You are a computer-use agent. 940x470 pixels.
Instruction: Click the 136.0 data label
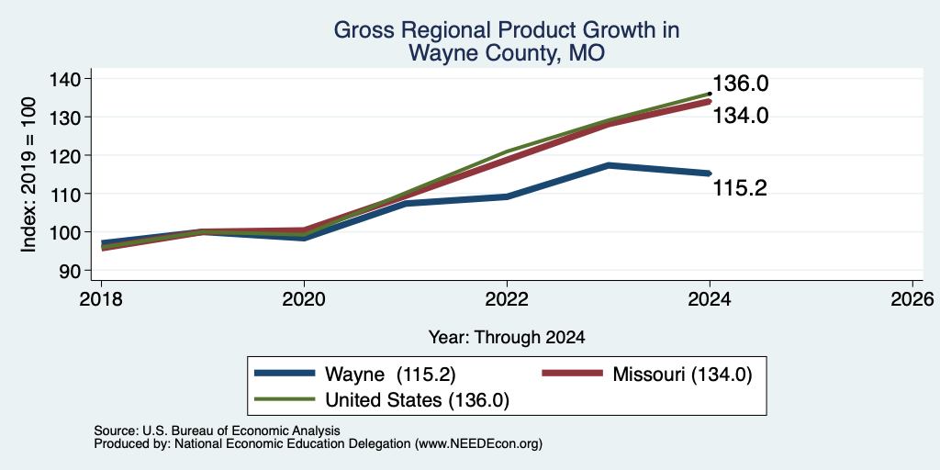740,84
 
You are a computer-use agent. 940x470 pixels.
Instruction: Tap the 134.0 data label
740,115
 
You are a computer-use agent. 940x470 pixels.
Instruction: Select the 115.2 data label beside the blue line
740,188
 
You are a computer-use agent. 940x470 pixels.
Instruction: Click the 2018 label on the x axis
101,298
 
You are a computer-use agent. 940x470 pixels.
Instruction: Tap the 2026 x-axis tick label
913,298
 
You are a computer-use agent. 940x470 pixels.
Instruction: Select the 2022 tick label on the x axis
507,298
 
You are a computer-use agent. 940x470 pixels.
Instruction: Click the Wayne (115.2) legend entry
355,375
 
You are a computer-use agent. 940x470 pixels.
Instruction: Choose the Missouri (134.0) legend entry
646,375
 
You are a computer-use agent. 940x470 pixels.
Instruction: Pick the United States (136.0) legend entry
382,399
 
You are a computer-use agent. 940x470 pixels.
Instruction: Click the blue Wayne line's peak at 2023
609,165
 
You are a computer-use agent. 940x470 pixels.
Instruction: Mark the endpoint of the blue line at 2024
710,173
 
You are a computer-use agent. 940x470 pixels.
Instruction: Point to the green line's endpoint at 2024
710,94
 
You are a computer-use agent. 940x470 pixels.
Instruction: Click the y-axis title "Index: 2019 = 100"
28,174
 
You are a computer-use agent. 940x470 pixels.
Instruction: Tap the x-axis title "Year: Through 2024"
507,338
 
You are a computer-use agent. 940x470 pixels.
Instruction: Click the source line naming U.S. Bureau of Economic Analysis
217,431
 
